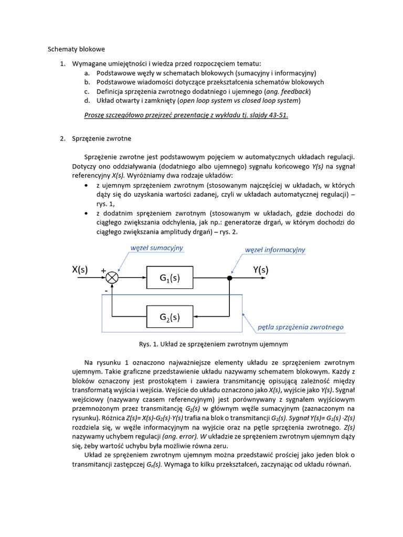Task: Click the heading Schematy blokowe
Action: (x=77, y=49)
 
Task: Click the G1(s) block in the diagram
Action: (x=169, y=278)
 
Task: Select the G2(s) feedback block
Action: (x=169, y=317)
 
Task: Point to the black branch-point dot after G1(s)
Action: (x=229, y=278)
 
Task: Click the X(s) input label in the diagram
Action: (x=80, y=270)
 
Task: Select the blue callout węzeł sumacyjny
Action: (x=157, y=248)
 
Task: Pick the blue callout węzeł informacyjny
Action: (x=275, y=250)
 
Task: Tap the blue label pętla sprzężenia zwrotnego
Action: (x=300, y=327)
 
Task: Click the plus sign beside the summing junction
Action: (x=103, y=271)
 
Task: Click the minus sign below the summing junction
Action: (x=105, y=289)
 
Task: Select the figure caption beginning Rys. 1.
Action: (x=213, y=345)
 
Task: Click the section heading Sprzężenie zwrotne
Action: (x=109, y=138)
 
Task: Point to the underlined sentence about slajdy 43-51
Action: (x=186, y=115)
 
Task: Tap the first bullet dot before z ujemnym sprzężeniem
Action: (x=87, y=186)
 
